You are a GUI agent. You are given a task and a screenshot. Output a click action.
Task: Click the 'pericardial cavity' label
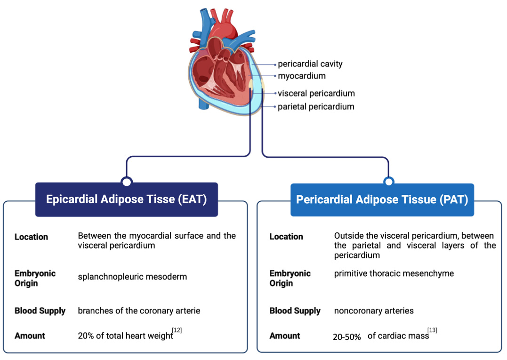pyautogui.click(x=310, y=64)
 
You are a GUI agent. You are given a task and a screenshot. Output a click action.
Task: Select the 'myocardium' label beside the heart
pyautogui.click(x=301, y=76)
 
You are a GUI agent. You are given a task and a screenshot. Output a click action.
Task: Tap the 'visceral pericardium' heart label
pyautogui.click(x=316, y=93)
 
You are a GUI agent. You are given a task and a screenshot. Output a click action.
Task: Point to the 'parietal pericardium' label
pyautogui.click(x=315, y=106)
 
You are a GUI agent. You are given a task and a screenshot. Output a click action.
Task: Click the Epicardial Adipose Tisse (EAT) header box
pyautogui.click(x=126, y=200)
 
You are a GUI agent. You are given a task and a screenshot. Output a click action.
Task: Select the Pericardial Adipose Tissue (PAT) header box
pyautogui.click(x=382, y=200)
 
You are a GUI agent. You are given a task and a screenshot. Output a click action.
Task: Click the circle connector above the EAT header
pyautogui.click(x=127, y=181)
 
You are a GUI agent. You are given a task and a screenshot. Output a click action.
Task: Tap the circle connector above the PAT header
pyautogui.click(x=388, y=182)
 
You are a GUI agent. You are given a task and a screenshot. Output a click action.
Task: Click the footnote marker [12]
pyautogui.click(x=177, y=330)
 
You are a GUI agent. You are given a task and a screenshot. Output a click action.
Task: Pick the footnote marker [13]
pyautogui.click(x=432, y=330)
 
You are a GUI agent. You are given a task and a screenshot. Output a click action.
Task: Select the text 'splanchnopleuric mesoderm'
pyautogui.click(x=132, y=277)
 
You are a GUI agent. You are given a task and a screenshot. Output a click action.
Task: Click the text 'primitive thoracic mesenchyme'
pyautogui.click(x=394, y=273)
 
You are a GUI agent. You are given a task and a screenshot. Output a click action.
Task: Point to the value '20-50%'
pyautogui.click(x=347, y=337)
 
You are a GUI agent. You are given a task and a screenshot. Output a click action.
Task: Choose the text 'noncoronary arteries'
pyautogui.click(x=374, y=311)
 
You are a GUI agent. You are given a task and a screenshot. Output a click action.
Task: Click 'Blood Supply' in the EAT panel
pyautogui.click(x=40, y=311)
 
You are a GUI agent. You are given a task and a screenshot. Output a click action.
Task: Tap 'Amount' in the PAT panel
pyautogui.click(x=284, y=336)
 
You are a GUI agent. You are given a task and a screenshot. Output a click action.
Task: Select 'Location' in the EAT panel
pyautogui.click(x=31, y=237)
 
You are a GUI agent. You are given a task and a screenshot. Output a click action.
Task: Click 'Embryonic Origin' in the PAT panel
pyautogui.click(x=290, y=278)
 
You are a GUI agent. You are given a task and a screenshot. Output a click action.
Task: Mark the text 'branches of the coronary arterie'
pyautogui.click(x=139, y=311)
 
